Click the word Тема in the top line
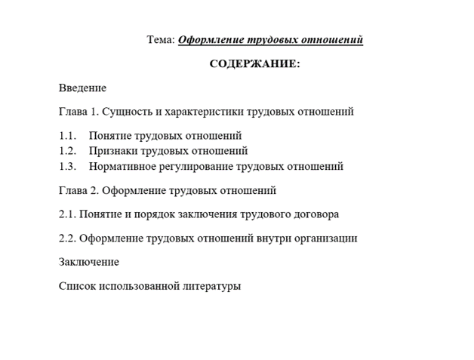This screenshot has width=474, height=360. coord(160,40)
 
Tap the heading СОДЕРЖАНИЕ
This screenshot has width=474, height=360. coord(254,64)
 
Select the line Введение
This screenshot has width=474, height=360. coord(82,88)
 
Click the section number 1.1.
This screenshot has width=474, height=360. coord(67,136)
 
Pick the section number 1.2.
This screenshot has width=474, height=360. coord(67,151)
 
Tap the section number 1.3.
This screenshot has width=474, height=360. coord(67,166)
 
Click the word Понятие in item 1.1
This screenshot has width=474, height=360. coord(110,136)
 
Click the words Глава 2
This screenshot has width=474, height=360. coord(78,190)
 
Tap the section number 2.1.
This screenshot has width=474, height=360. coord(67,214)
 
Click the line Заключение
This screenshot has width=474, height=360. coord(88,262)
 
